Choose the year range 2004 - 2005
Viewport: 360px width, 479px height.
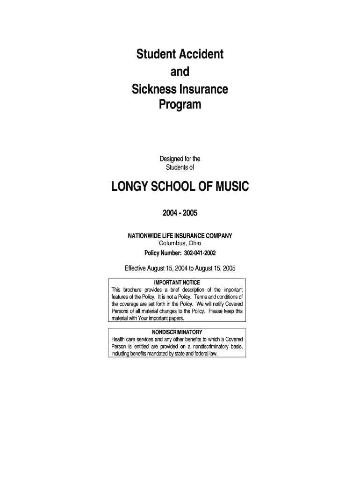click(x=180, y=213)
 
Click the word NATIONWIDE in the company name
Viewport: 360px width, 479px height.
click(x=145, y=236)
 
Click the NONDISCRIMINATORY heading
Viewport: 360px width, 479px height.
click(x=177, y=332)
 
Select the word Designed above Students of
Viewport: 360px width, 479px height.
click(x=171, y=160)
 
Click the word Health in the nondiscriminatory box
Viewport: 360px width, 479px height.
click(x=118, y=339)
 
